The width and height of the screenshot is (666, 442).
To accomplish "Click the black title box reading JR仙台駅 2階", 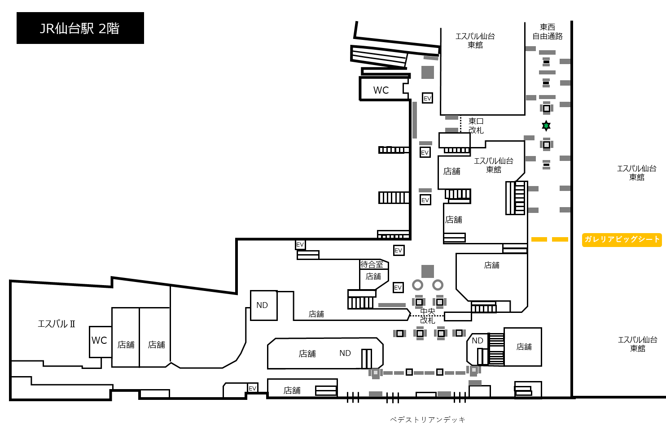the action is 80,28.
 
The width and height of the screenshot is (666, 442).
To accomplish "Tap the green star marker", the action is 546,126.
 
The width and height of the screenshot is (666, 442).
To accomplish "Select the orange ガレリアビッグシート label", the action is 622,240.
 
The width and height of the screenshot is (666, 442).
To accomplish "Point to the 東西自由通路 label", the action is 548,31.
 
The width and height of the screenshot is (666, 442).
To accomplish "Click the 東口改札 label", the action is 476,126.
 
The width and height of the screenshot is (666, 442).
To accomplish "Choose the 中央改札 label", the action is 428,316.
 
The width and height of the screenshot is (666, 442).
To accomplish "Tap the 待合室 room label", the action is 372,264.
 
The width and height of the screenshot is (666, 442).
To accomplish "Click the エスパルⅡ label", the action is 57,324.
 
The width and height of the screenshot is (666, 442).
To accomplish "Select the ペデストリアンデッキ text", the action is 428,420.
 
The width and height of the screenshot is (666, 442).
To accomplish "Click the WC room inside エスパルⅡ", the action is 101,342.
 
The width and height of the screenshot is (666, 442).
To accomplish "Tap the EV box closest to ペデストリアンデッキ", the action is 252,388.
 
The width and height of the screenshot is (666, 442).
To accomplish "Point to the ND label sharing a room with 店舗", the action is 345,353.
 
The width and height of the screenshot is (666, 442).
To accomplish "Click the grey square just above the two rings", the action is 428,271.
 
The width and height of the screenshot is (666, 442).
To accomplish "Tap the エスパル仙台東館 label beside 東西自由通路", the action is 475,40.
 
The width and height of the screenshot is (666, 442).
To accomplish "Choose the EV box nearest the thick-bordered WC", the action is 427,98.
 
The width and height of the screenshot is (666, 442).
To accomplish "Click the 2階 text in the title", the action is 109,29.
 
